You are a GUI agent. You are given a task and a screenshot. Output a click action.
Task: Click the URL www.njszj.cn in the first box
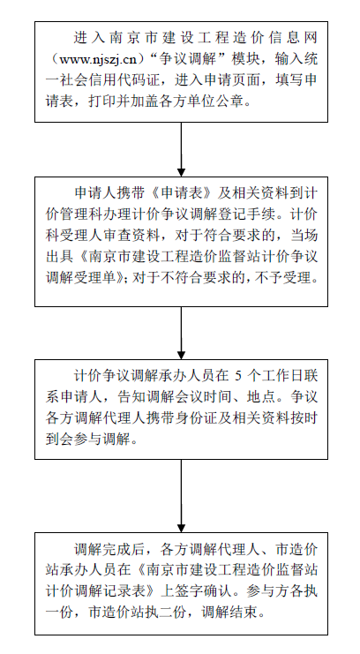click(98, 59)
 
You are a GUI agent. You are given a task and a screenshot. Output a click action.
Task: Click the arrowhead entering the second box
click(181, 172)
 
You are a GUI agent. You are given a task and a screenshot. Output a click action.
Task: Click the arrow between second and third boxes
click(181, 334)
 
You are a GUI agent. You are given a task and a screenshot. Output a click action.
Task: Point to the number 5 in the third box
click(238, 376)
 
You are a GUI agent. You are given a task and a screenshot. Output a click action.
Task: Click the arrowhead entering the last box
click(181, 528)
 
